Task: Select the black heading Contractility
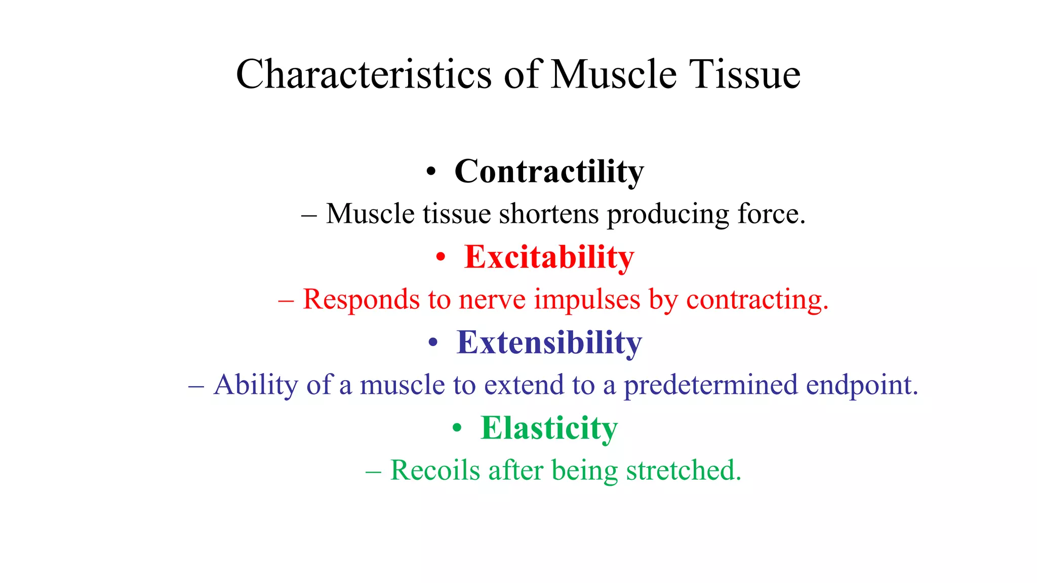(x=549, y=172)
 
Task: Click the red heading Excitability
(x=549, y=257)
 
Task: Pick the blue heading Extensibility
(x=549, y=343)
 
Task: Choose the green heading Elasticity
(x=549, y=428)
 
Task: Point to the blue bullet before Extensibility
(x=432, y=343)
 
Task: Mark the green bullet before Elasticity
(x=457, y=429)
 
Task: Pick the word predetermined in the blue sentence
(x=710, y=385)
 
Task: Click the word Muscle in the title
(x=614, y=74)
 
